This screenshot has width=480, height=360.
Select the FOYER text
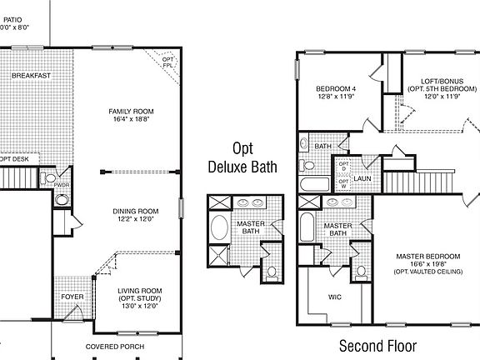(72, 297)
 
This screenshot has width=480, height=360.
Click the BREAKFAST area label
(31, 76)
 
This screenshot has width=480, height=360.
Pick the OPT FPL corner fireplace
(167, 62)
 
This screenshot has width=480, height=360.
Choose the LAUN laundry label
(362, 178)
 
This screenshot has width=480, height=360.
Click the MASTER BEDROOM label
(427, 256)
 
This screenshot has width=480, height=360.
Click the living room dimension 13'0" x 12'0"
(139, 305)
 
